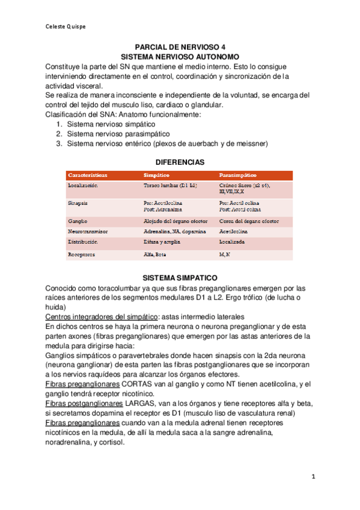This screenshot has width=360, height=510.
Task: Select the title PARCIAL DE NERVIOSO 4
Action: coord(180,46)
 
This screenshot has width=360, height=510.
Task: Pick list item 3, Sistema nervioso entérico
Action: coord(166,144)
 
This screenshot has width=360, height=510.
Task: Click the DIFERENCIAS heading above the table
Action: coord(180,162)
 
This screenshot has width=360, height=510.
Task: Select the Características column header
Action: coord(88,175)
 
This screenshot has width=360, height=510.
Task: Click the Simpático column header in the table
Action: coord(157,175)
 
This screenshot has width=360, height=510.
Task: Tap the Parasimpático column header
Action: coord(238,175)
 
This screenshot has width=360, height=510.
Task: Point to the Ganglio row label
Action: coord(78,221)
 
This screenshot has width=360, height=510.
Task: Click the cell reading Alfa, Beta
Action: coord(155,254)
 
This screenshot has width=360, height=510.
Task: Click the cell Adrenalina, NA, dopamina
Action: coord(174,231)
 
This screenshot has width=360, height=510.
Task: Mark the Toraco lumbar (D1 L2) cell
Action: coord(170,186)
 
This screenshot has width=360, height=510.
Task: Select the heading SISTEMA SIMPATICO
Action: coord(180,278)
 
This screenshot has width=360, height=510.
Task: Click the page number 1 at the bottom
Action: coord(313,476)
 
